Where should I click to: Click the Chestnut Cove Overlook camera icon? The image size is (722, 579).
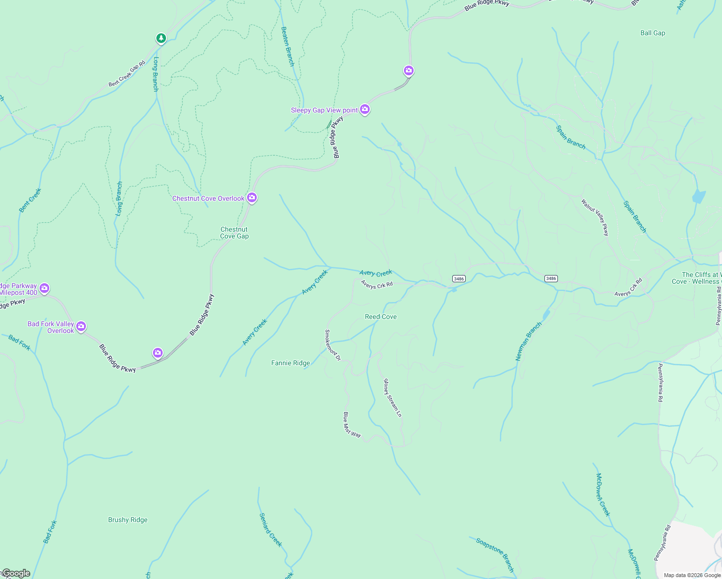(x=251, y=198)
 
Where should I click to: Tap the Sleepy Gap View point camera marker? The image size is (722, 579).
(x=365, y=110)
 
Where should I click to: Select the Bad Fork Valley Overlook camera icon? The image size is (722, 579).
(x=81, y=327)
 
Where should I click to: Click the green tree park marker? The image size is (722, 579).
(x=161, y=38)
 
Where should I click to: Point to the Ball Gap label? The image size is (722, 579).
(x=653, y=33)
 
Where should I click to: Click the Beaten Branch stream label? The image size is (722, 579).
(x=288, y=46)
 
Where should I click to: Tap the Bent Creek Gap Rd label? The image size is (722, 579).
(x=127, y=74)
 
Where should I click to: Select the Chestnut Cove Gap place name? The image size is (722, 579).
(x=235, y=233)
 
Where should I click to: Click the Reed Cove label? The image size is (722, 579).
(x=381, y=317)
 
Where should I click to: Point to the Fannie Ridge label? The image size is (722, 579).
(x=291, y=363)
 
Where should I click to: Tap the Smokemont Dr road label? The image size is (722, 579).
(x=333, y=345)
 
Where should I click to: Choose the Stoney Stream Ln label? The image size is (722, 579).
(x=392, y=398)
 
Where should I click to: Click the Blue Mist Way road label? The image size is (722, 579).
(x=352, y=425)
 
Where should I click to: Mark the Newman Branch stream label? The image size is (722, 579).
(x=528, y=341)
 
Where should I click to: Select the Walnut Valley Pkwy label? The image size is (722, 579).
(x=595, y=218)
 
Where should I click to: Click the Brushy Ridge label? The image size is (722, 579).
(x=128, y=520)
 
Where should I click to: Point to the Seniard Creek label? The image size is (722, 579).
(x=271, y=530)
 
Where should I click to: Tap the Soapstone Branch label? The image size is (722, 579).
(x=495, y=554)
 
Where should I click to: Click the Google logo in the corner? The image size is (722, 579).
(x=16, y=573)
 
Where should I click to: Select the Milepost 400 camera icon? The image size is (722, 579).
(x=44, y=289)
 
